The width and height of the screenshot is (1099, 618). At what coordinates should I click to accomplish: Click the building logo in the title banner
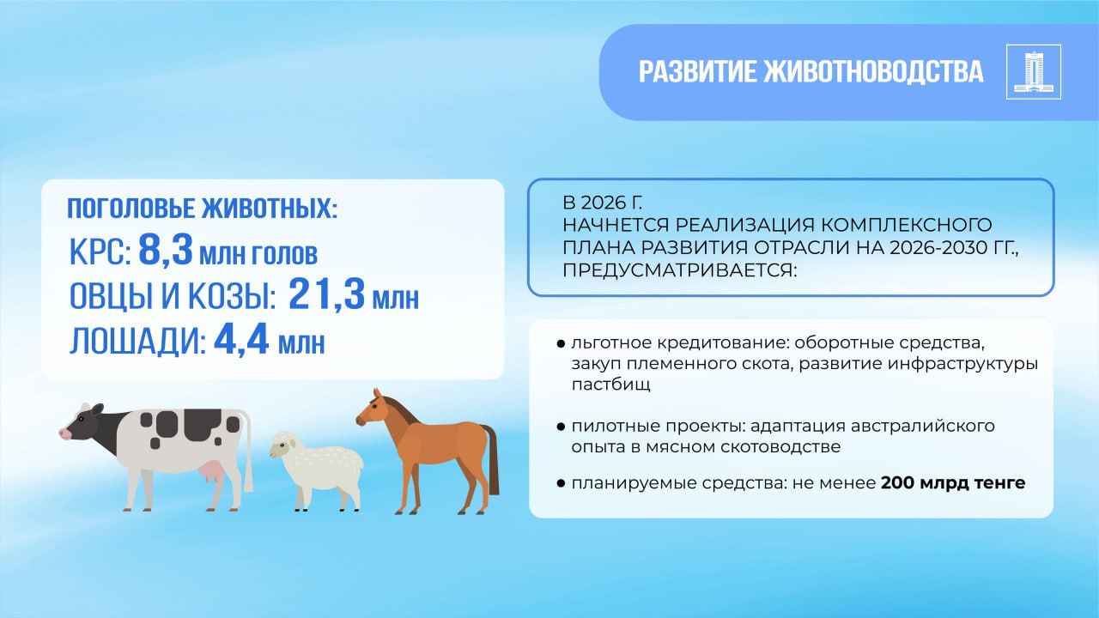[1033, 71]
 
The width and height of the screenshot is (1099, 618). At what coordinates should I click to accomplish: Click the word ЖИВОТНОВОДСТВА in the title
[873, 71]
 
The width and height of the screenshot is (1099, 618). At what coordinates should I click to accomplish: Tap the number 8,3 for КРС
[166, 250]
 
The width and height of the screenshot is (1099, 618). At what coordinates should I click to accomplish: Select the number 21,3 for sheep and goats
[327, 294]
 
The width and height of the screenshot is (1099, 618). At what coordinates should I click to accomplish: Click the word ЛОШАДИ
[137, 341]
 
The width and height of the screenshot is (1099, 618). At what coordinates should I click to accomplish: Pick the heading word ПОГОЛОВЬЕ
[131, 208]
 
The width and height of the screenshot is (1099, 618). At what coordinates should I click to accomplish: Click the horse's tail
[490, 458]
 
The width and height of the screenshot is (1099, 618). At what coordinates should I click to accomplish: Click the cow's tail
[248, 451]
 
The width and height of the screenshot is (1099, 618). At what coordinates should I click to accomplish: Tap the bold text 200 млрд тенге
[953, 483]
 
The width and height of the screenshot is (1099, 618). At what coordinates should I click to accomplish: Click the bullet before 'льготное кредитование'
[561, 343]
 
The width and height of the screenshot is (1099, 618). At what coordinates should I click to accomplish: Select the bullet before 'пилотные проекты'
[561, 427]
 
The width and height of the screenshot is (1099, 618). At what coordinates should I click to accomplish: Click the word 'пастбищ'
[610, 385]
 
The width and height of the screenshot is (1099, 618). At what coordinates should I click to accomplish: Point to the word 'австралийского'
[922, 427]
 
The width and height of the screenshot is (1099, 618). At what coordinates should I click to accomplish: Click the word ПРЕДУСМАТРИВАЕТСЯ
[679, 270]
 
